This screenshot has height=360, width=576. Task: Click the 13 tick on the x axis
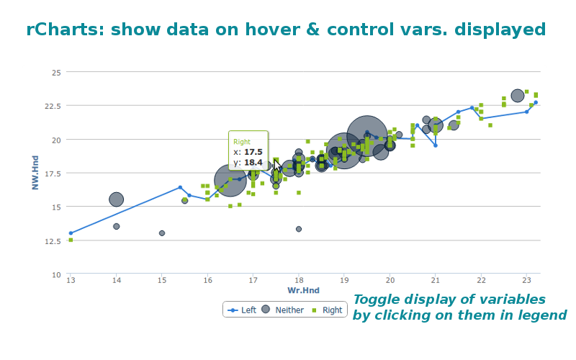click(x=71, y=280)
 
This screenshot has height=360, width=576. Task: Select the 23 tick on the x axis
click(x=526, y=280)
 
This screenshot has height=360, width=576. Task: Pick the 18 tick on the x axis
click(x=298, y=280)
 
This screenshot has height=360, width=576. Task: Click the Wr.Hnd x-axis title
click(x=303, y=290)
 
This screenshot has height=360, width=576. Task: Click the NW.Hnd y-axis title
click(x=35, y=173)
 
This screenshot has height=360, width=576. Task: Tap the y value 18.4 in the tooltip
click(x=253, y=162)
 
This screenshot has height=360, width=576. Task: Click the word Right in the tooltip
click(x=242, y=142)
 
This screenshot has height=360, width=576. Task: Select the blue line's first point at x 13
click(x=71, y=233)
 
